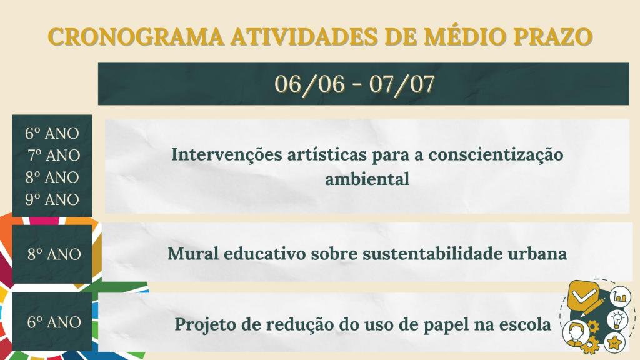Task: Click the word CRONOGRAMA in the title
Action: click(x=135, y=37)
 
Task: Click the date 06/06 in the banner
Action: click(x=309, y=84)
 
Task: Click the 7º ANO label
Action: click(x=54, y=155)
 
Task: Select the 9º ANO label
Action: click(x=52, y=200)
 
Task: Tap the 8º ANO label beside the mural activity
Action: click(x=54, y=254)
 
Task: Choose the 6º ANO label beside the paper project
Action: click(x=54, y=322)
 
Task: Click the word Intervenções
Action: click(x=221, y=154)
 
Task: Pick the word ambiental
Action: click(x=367, y=179)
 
